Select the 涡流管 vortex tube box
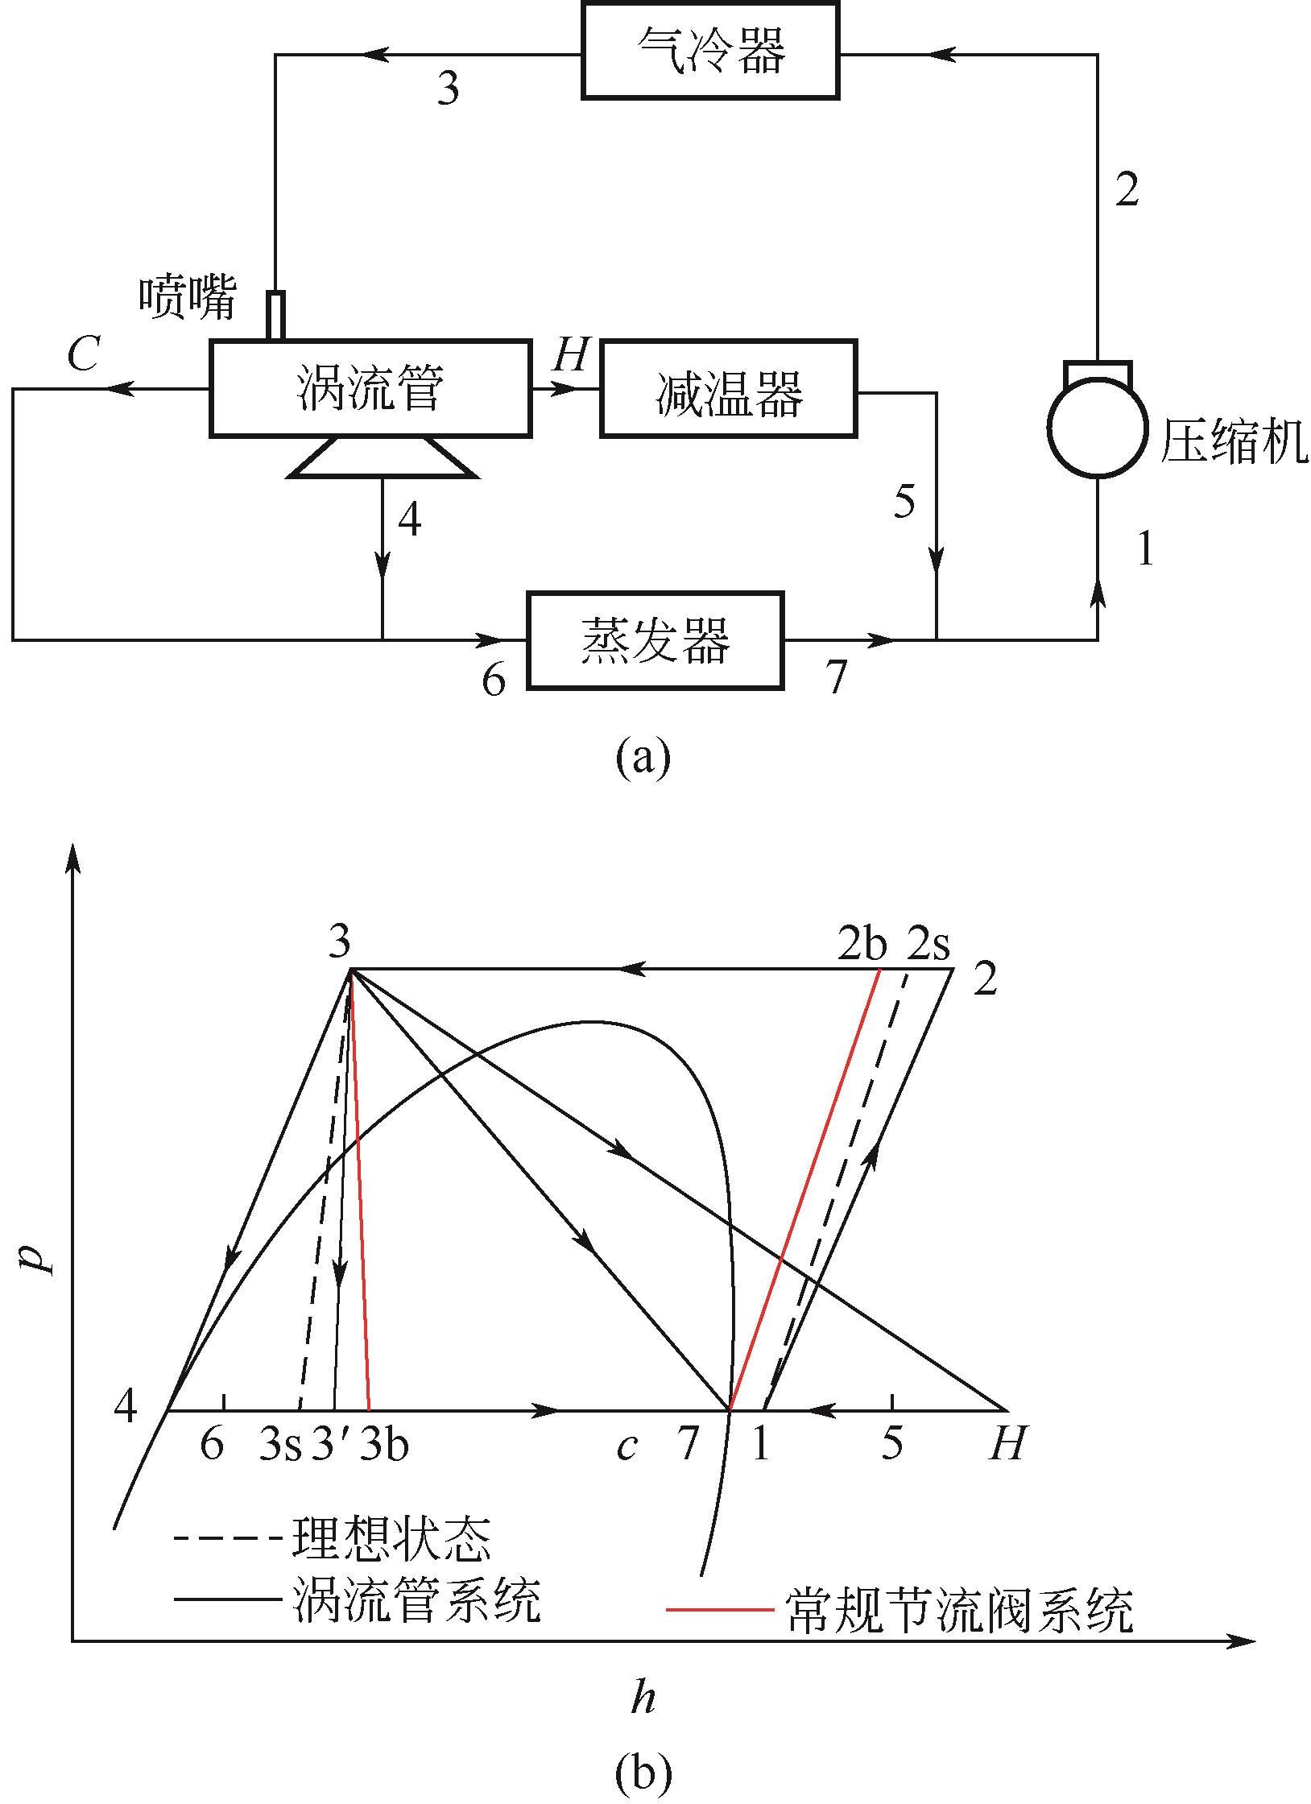coord(370,389)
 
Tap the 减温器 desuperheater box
coord(728,389)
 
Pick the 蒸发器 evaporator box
coord(655,640)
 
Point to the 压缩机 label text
coord(1234,444)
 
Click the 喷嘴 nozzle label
coord(188,298)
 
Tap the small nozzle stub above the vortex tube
coord(275,317)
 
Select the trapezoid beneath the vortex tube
coord(382,457)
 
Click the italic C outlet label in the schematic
coord(83,354)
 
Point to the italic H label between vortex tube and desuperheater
coord(571,354)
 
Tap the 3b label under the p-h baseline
coord(384,1443)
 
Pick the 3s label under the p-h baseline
coord(279,1445)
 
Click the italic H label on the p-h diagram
coord(1007,1443)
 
